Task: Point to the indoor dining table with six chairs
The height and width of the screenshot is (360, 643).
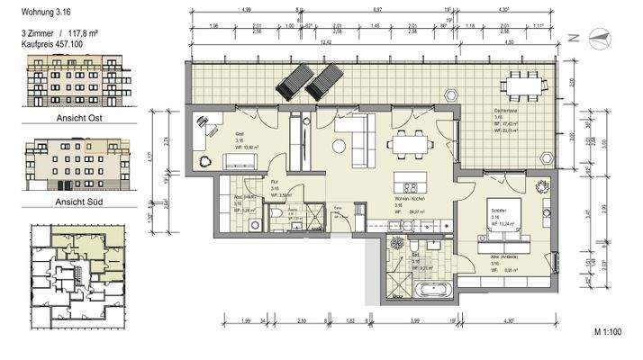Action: [411, 144]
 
